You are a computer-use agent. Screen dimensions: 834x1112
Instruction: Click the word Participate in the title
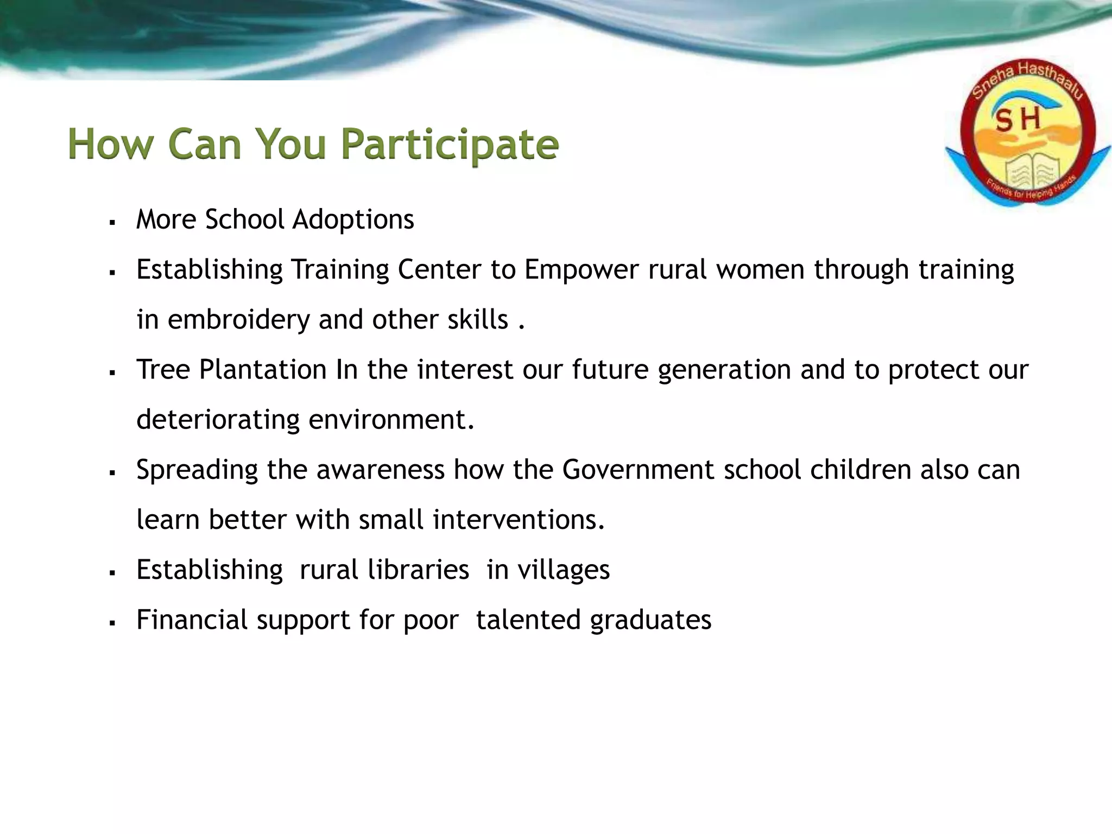coord(450,144)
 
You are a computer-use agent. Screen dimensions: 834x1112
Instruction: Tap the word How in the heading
coord(111,144)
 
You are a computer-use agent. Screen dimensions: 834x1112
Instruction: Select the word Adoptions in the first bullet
coord(353,219)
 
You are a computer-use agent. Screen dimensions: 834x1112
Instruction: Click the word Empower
coord(581,269)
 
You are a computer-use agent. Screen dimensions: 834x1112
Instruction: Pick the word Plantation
coord(262,369)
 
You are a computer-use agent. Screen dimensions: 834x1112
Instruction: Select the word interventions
coord(519,520)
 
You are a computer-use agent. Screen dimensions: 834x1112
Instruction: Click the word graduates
coord(650,620)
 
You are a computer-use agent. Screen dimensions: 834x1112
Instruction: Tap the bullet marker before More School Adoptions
coord(112,223)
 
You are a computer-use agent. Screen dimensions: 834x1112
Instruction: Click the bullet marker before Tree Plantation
coord(112,373)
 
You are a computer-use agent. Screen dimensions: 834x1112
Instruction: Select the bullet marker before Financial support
coord(112,623)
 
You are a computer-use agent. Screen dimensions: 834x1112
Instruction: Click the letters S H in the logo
coord(1018,120)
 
